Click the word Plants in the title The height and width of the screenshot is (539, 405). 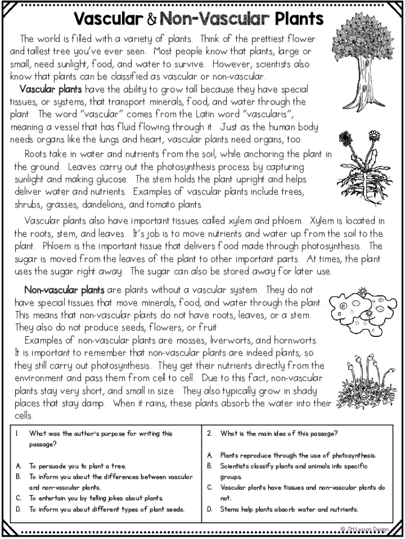click(298, 19)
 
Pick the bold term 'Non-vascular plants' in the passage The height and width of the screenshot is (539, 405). click(64, 290)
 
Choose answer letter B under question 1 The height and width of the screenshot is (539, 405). click(18, 477)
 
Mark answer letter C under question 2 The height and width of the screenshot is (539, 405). click(209, 487)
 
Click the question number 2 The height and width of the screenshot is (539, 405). click(209, 434)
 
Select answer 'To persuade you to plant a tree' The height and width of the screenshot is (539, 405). click(77, 466)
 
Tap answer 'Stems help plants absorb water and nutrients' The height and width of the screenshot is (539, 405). click(289, 509)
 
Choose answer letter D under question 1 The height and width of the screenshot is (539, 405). click(18, 509)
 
